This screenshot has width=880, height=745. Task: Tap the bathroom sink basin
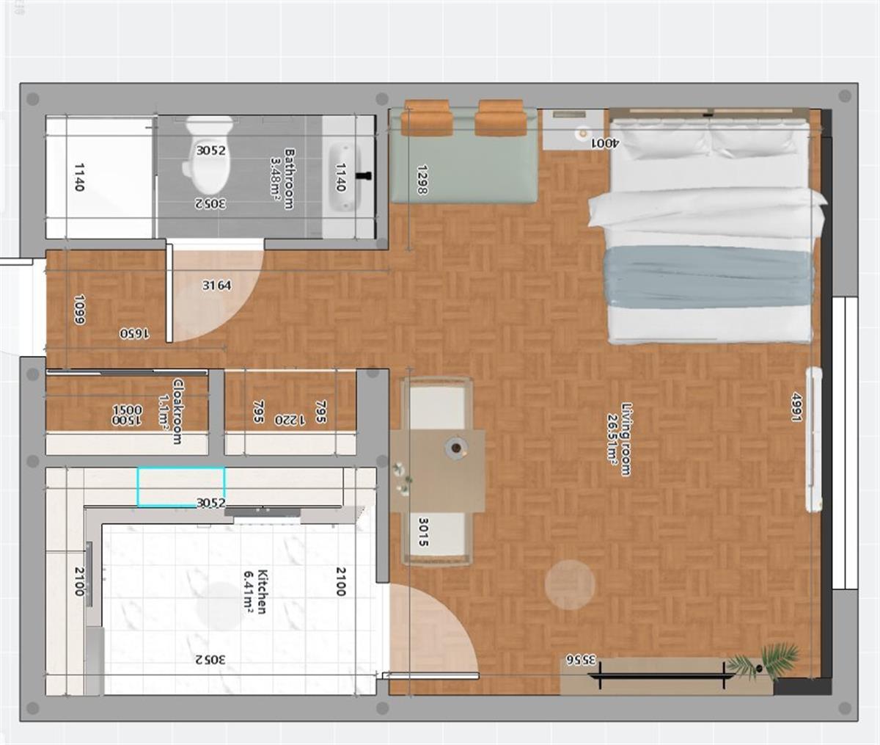point(342,177)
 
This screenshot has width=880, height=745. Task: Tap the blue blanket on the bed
point(708,277)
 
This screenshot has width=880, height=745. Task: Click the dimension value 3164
point(216,285)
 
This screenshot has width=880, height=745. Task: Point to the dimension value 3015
point(423,532)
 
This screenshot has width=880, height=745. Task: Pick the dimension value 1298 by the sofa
point(421,179)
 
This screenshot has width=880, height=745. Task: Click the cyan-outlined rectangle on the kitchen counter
point(181,486)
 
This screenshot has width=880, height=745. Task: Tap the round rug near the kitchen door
point(570,584)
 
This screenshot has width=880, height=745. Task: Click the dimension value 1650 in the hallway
point(134,333)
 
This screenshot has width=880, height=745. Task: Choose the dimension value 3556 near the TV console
point(580,658)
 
